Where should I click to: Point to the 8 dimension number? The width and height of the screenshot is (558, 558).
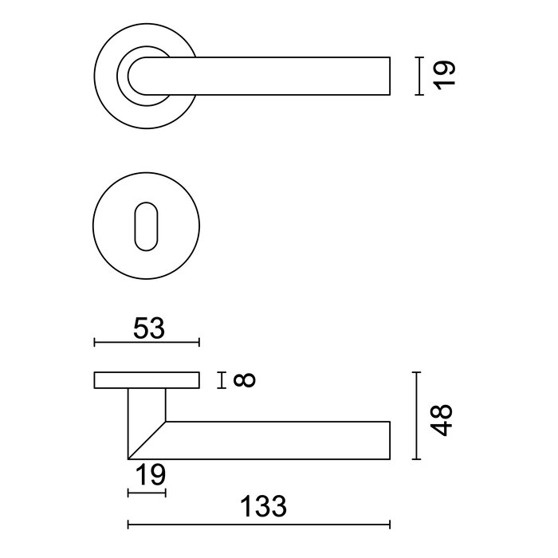245,380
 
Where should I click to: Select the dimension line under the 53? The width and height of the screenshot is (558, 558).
147,343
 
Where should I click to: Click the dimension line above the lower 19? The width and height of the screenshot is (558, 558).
147,494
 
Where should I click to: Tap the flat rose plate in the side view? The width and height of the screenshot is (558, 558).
147,379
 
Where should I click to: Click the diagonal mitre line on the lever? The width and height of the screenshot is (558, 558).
147,439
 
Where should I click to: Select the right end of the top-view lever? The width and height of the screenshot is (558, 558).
389,76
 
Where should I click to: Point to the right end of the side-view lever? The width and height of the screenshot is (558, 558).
389,439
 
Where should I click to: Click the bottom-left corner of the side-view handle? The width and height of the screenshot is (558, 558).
128,458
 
